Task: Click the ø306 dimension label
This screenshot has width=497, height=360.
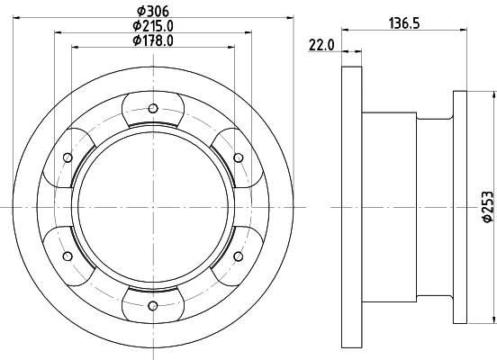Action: point(153,10)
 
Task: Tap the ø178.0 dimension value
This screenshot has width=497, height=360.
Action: point(153,40)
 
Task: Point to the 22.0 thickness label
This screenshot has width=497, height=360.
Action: point(321,44)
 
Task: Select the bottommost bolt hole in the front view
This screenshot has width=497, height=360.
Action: point(153,306)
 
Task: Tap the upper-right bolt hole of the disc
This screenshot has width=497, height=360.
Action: point(239,158)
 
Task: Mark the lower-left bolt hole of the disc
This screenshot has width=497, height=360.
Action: point(68,257)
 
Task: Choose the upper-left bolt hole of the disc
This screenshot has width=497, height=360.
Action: point(68,158)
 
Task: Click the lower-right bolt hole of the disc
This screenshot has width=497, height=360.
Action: point(239,257)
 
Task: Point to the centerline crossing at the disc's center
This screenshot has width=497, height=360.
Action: point(153,208)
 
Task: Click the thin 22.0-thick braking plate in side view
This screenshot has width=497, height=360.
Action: point(351,207)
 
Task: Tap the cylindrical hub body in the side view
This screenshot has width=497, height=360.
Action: point(405,207)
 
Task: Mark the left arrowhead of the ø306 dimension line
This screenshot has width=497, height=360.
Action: point(18,17)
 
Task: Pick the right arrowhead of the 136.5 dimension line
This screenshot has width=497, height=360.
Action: point(465,31)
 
